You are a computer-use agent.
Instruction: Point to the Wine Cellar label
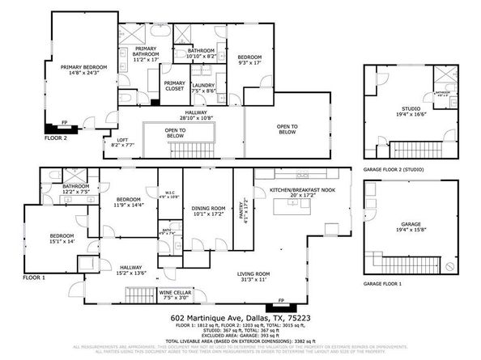tap(176, 294)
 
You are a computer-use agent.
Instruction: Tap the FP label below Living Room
tap(281, 301)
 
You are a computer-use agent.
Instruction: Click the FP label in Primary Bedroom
tap(66, 123)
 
